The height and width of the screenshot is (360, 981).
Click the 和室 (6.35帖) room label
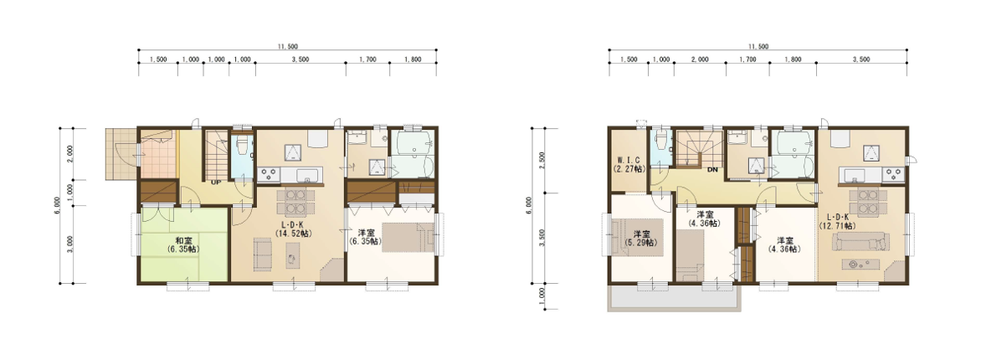(182, 244)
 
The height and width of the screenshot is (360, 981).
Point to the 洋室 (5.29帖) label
(642, 239)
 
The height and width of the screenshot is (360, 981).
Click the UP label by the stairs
(217, 183)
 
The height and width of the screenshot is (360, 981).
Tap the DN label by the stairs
(712, 170)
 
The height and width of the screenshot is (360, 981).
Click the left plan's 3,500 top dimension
(300, 59)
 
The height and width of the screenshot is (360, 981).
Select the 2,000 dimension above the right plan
(700, 59)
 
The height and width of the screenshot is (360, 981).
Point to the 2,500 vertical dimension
(542, 160)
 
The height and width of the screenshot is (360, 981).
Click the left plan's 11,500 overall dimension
(288, 46)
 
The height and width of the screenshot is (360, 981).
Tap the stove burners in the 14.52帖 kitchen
(269, 172)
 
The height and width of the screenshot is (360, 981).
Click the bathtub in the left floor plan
(410, 144)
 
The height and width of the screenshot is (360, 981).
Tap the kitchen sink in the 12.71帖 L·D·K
(855, 173)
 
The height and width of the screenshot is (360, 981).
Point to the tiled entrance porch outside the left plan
(121, 153)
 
